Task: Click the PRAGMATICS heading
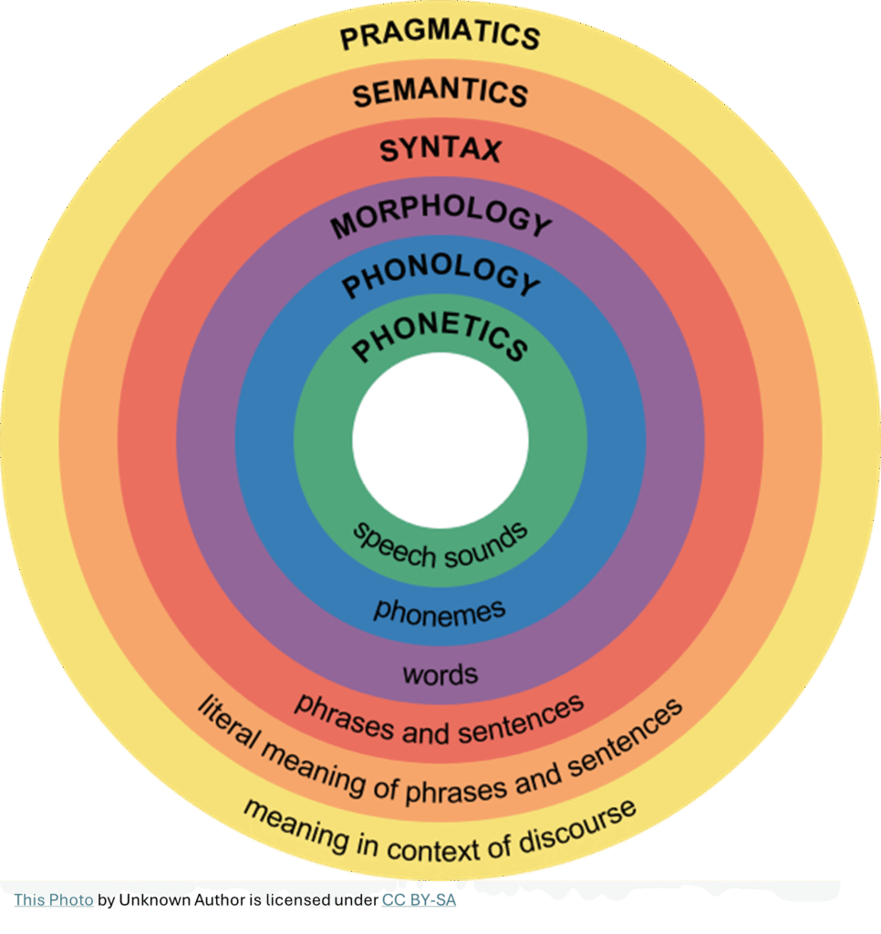pos(440,34)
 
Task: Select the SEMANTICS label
pos(440,92)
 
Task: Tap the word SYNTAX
pos(440,149)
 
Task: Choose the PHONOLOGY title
pos(440,277)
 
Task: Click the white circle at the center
pos(440,440)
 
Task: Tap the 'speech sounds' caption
pos(440,545)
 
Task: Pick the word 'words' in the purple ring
pos(440,675)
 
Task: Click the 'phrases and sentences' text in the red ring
pos(439,719)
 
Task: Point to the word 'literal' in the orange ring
pos(228,726)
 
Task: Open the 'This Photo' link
pos(54,900)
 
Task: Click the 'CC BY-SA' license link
pos(419,900)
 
